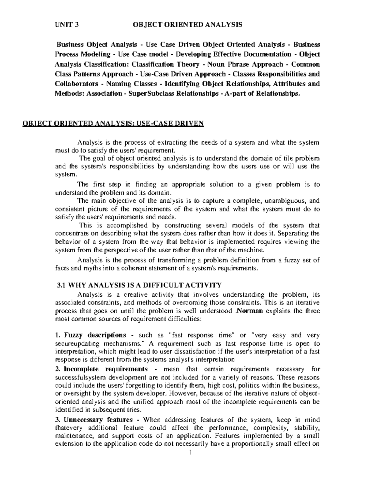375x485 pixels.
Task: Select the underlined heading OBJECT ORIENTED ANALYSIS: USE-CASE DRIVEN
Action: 113,124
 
